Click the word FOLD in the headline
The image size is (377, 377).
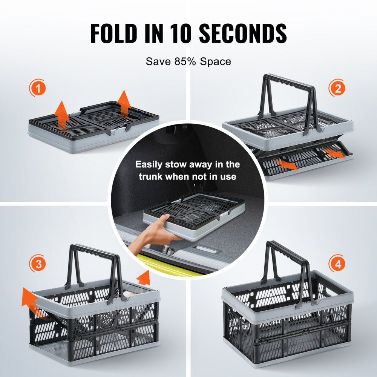click(113, 33)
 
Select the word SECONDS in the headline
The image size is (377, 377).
click(243, 33)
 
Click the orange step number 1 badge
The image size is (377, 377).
click(37, 88)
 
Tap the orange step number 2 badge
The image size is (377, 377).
click(337, 88)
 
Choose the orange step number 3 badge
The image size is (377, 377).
click(37, 264)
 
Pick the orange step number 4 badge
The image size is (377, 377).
click(337, 264)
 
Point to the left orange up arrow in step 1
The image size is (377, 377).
click(62, 115)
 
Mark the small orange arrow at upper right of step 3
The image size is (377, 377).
click(144, 278)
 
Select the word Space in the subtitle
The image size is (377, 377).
click(215, 61)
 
